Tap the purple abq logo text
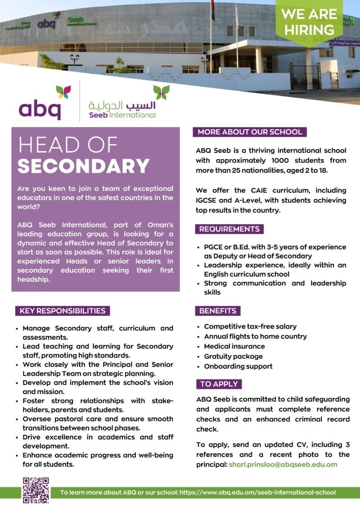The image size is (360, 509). (40, 109)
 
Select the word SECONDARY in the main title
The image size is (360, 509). (84, 166)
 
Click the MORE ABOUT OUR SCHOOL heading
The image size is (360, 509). (250, 132)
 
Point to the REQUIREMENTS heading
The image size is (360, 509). (229, 229)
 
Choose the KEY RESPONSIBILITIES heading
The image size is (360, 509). (63, 311)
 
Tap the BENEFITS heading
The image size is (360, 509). (218, 311)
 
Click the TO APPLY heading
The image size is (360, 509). (219, 384)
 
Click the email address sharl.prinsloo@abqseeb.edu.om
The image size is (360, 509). (283, 464)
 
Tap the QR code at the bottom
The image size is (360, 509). (36, 490)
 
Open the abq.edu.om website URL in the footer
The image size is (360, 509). (257, 492)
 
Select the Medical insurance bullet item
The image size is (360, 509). (234, 346)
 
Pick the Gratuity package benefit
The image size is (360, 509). (233, 356)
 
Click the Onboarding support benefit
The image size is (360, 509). (238, 366)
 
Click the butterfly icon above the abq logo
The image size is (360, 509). (63, 92)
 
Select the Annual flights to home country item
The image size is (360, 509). (255, 336)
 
